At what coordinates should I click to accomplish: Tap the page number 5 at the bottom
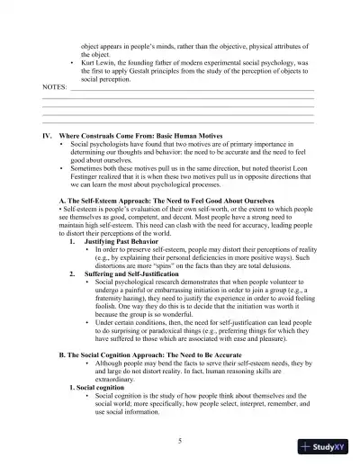pyautogui.click(x=180, y=440)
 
